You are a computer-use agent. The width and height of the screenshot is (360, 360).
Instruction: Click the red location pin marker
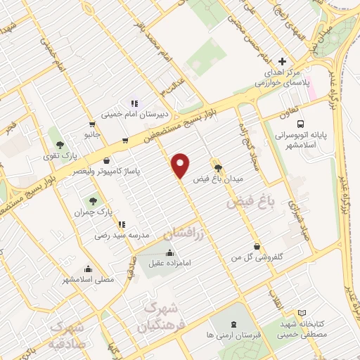(x=181, y=165)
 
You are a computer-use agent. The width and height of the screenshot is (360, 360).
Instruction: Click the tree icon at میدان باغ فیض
(x=218, y=168)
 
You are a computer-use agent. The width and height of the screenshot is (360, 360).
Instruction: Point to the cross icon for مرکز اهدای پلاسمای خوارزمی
(x=283, y=61)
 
